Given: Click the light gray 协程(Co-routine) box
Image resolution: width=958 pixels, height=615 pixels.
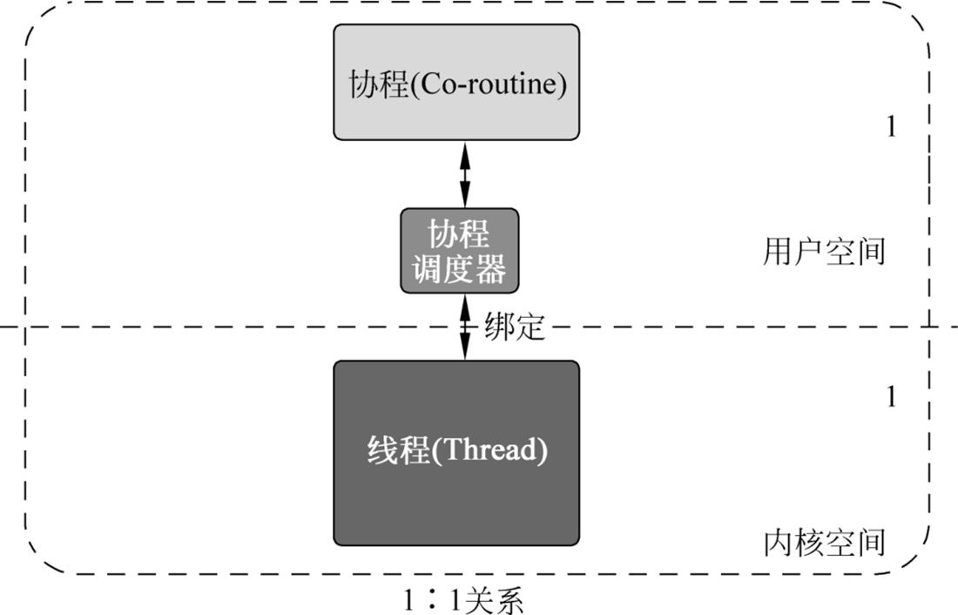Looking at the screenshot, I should pos(455,81).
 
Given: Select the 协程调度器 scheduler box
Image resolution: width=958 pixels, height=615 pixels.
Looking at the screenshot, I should pos(459,251).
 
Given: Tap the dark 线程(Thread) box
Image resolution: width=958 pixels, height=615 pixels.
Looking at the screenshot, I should pos(455,453).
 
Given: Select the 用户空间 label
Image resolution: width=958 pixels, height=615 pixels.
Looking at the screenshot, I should pos(823,252).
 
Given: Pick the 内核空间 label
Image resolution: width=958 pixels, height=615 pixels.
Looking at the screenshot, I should pos(823,542).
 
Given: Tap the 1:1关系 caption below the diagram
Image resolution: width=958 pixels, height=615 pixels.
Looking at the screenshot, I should pos(462,601).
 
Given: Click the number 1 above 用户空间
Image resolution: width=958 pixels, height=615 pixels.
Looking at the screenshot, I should pos(890,127).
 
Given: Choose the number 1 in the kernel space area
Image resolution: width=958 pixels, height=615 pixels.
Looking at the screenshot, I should pos(890,398).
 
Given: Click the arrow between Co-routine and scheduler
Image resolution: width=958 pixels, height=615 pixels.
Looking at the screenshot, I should pos(464,174).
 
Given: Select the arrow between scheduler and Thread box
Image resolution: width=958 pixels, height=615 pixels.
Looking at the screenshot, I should pos(464,327).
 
